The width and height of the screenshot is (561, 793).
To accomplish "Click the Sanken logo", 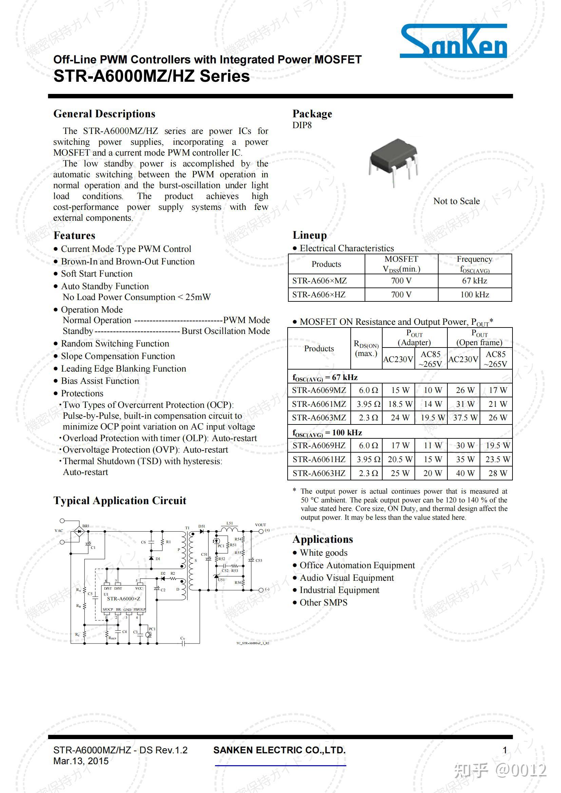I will pos(453,41).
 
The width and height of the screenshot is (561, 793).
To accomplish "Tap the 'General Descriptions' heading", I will pos(104,114).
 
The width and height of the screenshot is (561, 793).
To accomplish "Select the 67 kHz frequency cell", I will pos(474,281).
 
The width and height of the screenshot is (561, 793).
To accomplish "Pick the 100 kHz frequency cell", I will pos(474,295).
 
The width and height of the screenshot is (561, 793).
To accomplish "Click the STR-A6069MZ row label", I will pos(318,390).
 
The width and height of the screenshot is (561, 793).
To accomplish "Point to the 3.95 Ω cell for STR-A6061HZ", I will pos(368,459).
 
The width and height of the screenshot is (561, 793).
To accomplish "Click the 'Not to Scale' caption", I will pos(456,201).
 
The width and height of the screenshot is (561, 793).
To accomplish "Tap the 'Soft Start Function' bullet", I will pos(97,274).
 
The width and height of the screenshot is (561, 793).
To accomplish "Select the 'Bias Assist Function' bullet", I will pos(100,381).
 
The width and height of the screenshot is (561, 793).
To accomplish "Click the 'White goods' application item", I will pos(323,553).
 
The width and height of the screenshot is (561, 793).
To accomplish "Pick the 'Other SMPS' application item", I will pos(323,603).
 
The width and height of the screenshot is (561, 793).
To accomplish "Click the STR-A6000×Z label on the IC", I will pos(123,598).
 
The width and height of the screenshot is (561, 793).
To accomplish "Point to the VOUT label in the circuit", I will pos(260,525).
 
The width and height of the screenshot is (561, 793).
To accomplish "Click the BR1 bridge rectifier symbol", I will pos(80,531).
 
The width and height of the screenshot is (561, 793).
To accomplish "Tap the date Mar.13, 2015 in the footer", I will pos(81,761).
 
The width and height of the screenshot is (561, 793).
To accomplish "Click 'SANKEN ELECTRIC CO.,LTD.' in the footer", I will pos(279,750).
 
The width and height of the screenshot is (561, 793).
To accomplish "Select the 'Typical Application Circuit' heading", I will pos(119,501).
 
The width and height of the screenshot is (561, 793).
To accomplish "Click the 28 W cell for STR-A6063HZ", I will pos(498,473).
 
